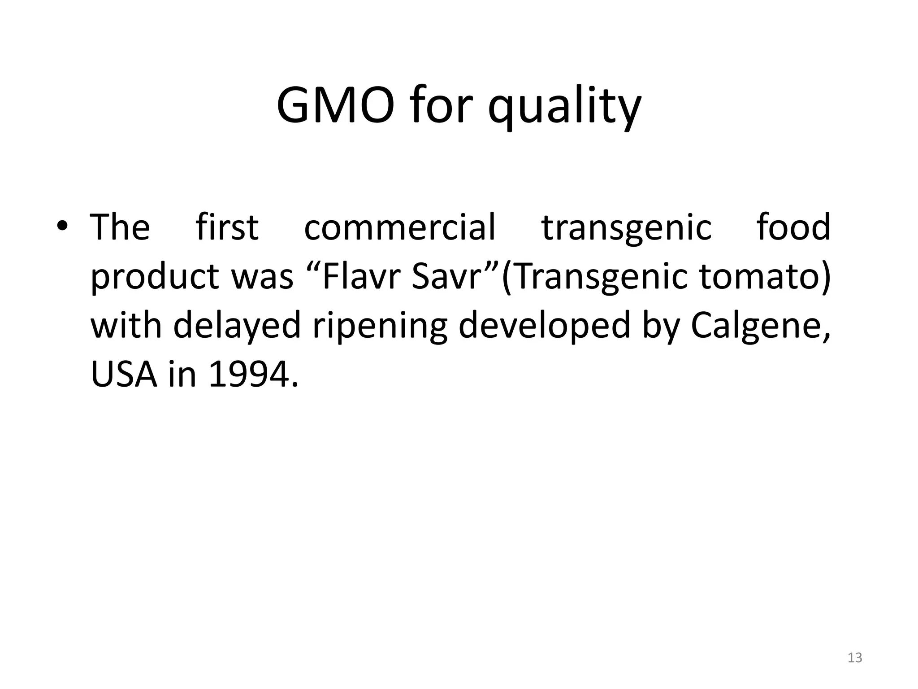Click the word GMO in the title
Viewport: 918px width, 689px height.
(x=336, y=106)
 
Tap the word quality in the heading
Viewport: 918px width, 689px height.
(x=564, y=108)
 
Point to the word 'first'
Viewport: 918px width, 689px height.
(x=227, y=227)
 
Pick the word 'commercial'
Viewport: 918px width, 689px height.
(x=399, y=227)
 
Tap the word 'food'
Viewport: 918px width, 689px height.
(x=793, y=227)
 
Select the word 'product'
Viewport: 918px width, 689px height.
(x=154, y=277)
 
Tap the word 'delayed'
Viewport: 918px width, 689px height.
(x=237, y=326)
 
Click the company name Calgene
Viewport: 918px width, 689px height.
(x=756, y=326)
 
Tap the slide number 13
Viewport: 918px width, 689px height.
(x=855, y=658)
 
